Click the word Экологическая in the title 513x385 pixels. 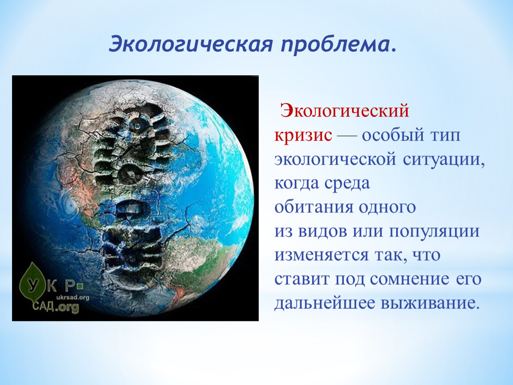190,44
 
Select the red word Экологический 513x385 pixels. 344,111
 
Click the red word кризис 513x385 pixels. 303,135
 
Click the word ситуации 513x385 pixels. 444,159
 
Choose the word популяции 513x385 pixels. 434,231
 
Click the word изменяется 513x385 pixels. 322,255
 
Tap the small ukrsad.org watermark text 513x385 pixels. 73,297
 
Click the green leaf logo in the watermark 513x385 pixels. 31,282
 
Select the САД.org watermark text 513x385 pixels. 56,307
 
